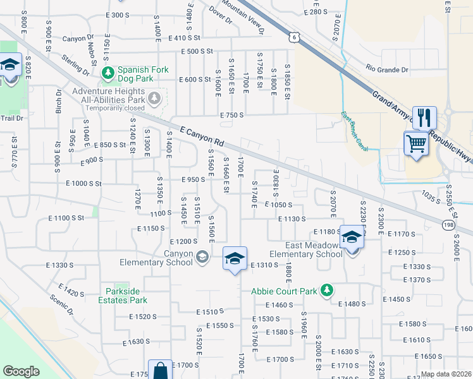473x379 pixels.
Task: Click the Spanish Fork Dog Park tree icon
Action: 107,73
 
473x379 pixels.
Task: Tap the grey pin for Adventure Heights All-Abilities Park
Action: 155,97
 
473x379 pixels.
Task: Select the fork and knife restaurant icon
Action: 424,117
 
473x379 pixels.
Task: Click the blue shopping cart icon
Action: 416,143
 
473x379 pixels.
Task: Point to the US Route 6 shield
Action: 294,38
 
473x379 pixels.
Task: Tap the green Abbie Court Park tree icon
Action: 327,290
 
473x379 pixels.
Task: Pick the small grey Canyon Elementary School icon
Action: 202,256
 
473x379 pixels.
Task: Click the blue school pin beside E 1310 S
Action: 235,258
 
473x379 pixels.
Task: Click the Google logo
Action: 21,371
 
